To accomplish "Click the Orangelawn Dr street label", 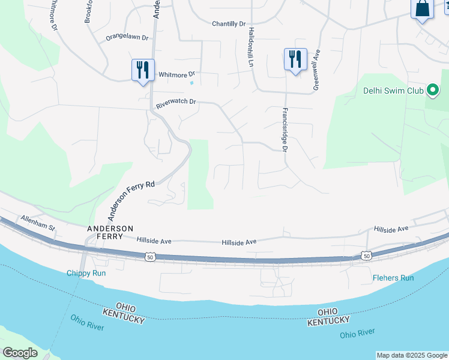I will coord(127,37).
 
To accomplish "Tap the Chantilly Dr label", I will coord(229,24).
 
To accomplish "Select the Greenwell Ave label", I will coord(316,71).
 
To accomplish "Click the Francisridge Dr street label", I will coord(286,130).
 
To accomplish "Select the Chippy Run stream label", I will coord(86,273).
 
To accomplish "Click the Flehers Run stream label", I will coord(393,278).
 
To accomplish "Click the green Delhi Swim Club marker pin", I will coord(432,91).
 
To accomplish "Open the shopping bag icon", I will coord(422,9).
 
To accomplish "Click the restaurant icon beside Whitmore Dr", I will coord(143,70).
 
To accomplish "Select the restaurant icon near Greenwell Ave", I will coord(295,59).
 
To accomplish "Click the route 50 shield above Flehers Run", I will coord(366,256).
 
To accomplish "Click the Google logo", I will coord(20,353).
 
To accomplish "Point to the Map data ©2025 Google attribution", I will coord(412,355).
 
